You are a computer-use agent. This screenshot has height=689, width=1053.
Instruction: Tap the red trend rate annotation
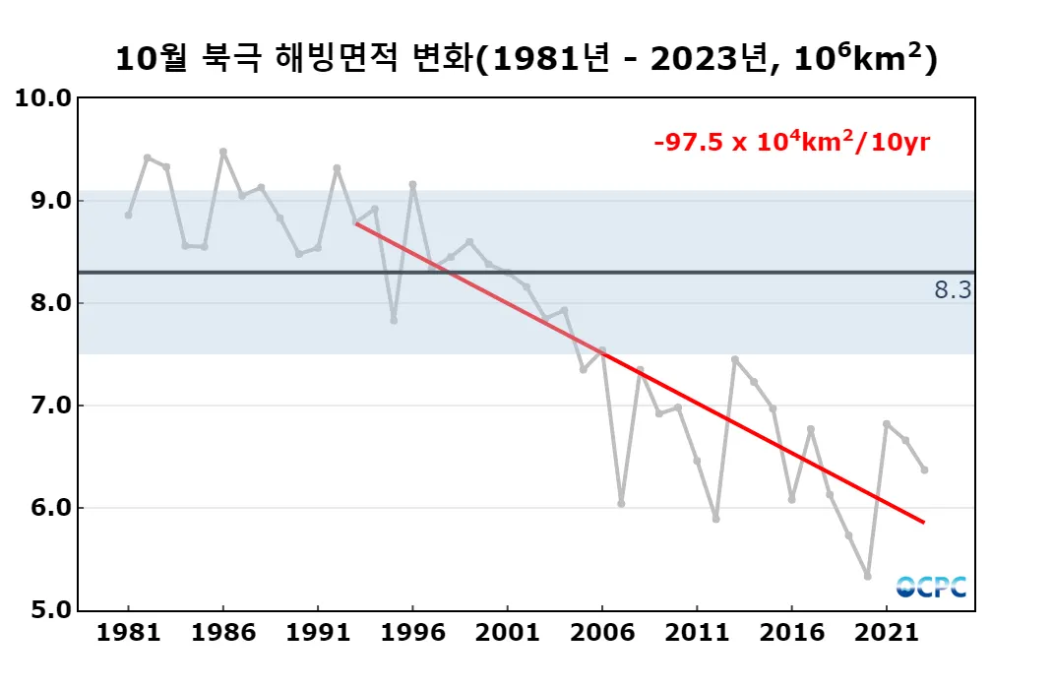pos(792,143)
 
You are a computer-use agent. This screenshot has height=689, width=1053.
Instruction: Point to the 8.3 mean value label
pos(953,290)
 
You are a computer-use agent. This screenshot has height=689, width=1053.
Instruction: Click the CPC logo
pos(931,587)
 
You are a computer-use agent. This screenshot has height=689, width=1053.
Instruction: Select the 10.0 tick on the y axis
pos(44,98)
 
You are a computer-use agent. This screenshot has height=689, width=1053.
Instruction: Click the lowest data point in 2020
pos(867,576)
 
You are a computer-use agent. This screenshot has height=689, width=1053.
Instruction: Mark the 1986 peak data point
pos(223,152)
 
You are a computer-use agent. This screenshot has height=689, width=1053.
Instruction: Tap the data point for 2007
pos(621,503)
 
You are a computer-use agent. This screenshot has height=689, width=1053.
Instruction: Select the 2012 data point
pos(715,519)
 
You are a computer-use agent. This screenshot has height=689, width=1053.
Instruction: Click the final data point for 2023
pos(924,470)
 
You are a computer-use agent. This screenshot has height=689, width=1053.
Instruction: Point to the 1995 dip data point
pos(394,321)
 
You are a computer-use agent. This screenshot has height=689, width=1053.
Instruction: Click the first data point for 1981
pos(128,215)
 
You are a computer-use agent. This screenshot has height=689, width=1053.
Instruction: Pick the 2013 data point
pos(735,359)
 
